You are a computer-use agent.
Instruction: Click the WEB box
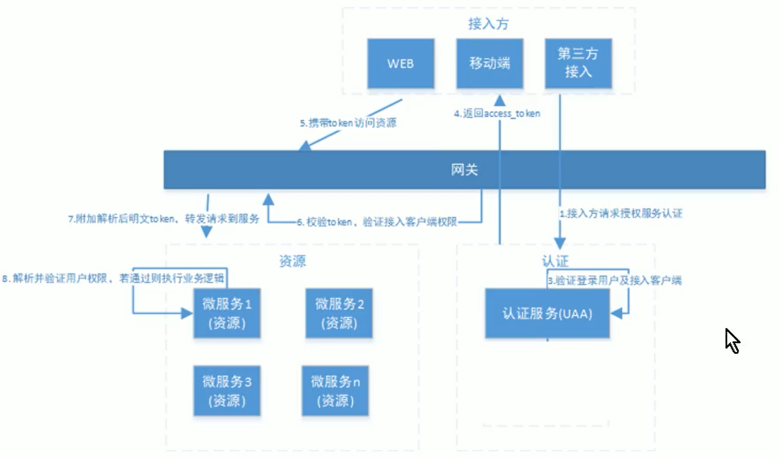pyautogui.click(x=401, y=63)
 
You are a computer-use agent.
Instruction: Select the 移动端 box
pyautogui.click(x=490, y=63)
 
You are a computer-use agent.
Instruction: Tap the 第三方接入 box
pyautogui.click(x=579, y=63)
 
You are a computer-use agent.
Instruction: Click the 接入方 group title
pyautogui.click(x=488, y=24)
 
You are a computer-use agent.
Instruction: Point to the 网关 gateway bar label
pyautogui.click(x=465, y=170)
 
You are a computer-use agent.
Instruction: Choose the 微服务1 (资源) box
pyautogui.click(x=227, y=314)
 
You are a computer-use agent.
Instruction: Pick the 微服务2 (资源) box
pyautogui.click(x=339, y=314)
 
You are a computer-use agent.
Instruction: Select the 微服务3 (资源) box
pyautogui.click(x=227, y=390)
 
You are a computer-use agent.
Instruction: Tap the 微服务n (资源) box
pyautogui.click(x=335, y=390)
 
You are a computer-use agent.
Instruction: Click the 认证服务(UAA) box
pyautogui.click(x=548, y=314)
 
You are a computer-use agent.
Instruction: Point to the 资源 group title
pyautogui.click(x=292, y=261)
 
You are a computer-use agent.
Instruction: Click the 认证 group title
pyautogui.click(x=555, y=261)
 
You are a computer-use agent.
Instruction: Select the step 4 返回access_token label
pyautogui.click(x=497, y=114)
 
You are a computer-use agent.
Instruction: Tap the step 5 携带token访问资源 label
pyautogui.click(x=348, y=123)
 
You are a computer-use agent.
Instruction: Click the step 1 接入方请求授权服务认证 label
pyautogui.click(x=621, y=213)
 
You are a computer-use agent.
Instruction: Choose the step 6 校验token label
pyautogui.click(x=377, y=222)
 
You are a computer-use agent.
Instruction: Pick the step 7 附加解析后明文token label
pyautogui.click(x=164, y=218)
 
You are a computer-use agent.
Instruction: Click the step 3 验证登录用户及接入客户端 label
pyautogui.click(x=615, y=280)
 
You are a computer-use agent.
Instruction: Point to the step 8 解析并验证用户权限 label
pyautogui.click(x=113, y=278)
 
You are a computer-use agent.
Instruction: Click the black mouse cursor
pyautogui.click(x=732, y=341)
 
